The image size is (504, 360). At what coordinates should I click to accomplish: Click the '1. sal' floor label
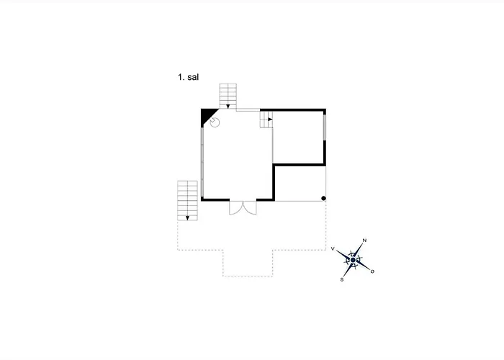click(x=189, y=77)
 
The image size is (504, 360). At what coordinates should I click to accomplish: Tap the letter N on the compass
click(x=364, y=240)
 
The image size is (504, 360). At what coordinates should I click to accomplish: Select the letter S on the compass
click(x=342, y=279)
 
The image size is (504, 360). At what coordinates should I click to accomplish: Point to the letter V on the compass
click(x=333, y=249)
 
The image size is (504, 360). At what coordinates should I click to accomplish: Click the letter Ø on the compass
click(x=372, y=271)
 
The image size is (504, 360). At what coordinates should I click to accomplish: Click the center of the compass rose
click(x=354, y=260)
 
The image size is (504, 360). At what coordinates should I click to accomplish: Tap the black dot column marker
click(x=323, y=198)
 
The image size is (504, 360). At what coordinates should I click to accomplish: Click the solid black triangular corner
click(x=207, y=114)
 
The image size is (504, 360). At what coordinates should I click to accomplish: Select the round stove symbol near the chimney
click(x=215, y=122)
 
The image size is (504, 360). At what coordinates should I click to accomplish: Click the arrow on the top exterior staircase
click(x=228, y=107)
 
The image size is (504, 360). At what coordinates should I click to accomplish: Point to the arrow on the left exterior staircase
click(x=187, y=218)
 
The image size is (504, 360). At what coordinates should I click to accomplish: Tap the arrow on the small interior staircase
click(x=270, y=120)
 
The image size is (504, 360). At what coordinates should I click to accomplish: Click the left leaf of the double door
click(x=236, y=207)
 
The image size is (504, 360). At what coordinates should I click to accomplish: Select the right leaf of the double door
click(x=250, y=207)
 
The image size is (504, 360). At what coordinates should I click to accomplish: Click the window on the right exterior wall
click(x=325, y=127)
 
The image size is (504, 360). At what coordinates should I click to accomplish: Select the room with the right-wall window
click(x=298, y=138)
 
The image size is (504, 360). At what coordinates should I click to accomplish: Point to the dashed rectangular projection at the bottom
click(x=248, y=264)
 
